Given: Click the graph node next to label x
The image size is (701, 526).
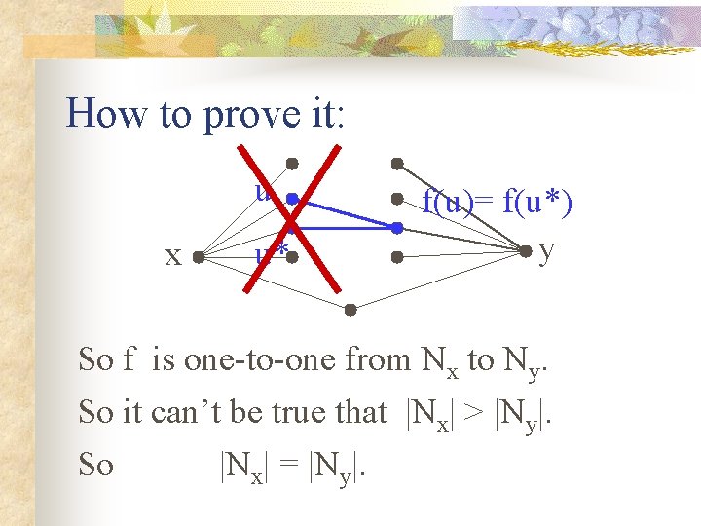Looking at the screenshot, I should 197,258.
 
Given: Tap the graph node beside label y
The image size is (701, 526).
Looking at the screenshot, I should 526,251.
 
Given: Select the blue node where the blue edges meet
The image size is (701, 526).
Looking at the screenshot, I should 397,228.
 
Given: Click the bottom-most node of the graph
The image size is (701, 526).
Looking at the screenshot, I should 350,311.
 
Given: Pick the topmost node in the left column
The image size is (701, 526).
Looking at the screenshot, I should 291,163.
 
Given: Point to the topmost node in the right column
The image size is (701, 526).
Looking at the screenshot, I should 396,163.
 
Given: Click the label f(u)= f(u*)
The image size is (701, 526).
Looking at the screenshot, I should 497,203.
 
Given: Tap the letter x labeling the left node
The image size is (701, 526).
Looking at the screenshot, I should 172,255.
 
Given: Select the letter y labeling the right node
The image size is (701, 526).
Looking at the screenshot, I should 547,250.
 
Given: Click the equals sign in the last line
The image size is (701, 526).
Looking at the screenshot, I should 290,466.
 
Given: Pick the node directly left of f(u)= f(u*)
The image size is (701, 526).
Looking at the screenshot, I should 397,199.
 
